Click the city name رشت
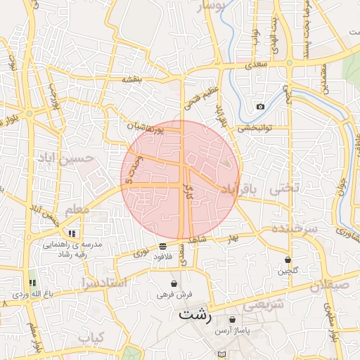(195, 314)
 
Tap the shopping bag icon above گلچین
(288, 259)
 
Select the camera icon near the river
(261, 106)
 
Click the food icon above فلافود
(163, 246)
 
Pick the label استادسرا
(103, 283)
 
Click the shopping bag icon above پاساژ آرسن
(232, 319)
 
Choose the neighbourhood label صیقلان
(329, 285)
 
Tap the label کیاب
(91, 338)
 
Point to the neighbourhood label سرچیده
(295, 229)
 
